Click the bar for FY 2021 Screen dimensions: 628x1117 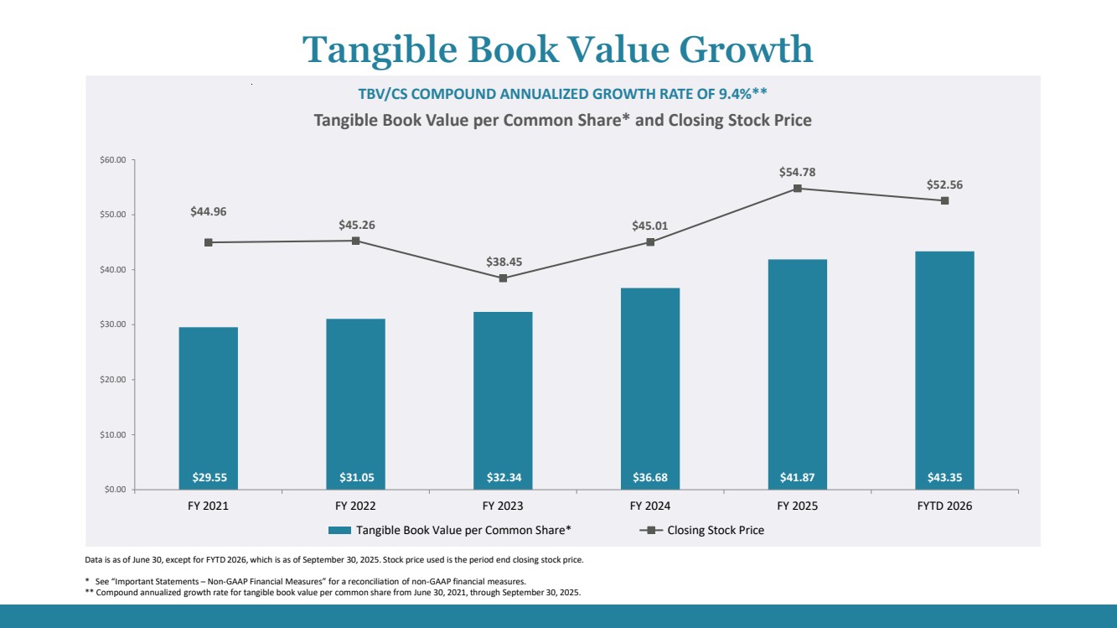point(208,407)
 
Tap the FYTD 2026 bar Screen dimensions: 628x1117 point(944,370)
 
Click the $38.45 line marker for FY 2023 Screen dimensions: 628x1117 point(503,278)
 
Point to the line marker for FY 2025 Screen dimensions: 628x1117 point(798,189)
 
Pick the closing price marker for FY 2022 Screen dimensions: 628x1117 point(355,241)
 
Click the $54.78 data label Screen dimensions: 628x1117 point(797,172)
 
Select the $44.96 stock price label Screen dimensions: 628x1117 point(209,211)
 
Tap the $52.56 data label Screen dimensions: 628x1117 point(944,184)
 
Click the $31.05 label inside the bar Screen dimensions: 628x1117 point(355,478)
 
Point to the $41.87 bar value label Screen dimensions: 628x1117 point(797,478)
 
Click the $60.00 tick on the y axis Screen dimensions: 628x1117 point(111,159)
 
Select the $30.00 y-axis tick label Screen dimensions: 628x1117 point(111,324)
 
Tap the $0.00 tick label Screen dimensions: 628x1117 point(113,490)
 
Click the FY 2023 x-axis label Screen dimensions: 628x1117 point(503,506)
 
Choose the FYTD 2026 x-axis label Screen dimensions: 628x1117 point(944,506)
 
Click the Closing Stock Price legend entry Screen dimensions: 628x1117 point(715,530)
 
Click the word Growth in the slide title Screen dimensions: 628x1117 point(746,49)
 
